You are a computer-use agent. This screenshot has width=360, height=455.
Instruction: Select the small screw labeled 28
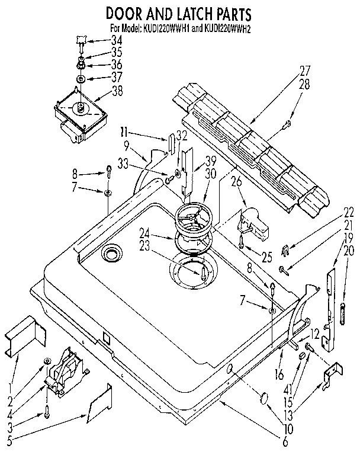coord(287,123)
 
